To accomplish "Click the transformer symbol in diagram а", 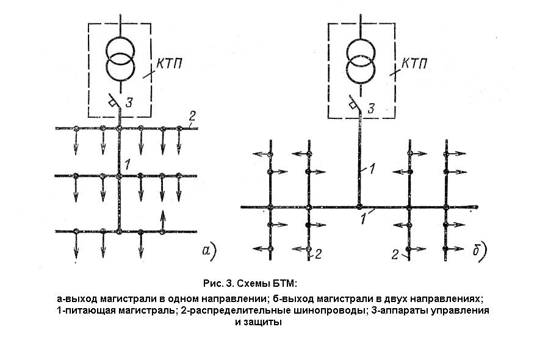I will point(120,58).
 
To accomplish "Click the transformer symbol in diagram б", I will point(360,58).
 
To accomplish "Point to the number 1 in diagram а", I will point(127,164).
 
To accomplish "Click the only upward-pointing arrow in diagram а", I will point(162,220).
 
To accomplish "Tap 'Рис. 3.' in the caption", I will point(217,284).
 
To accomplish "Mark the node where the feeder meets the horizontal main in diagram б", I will point(360,207).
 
